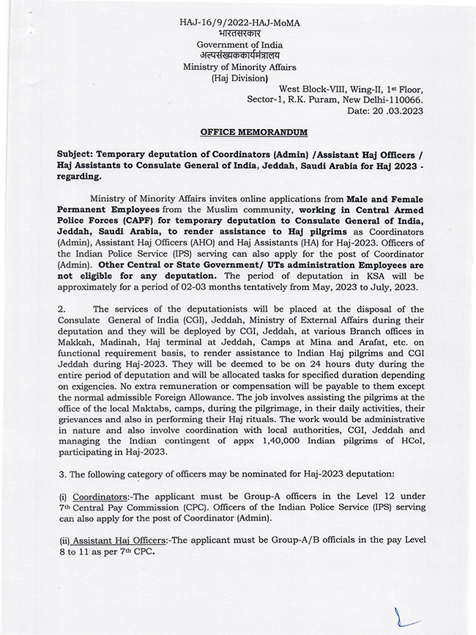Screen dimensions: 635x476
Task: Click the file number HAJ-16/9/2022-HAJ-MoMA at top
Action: [x=239, y=23]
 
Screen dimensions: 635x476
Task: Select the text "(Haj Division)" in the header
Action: [x=239, y=78]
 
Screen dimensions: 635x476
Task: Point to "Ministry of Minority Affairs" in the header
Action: [x=239, y=67]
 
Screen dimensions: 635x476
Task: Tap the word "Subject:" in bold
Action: [x=78, y=155]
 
